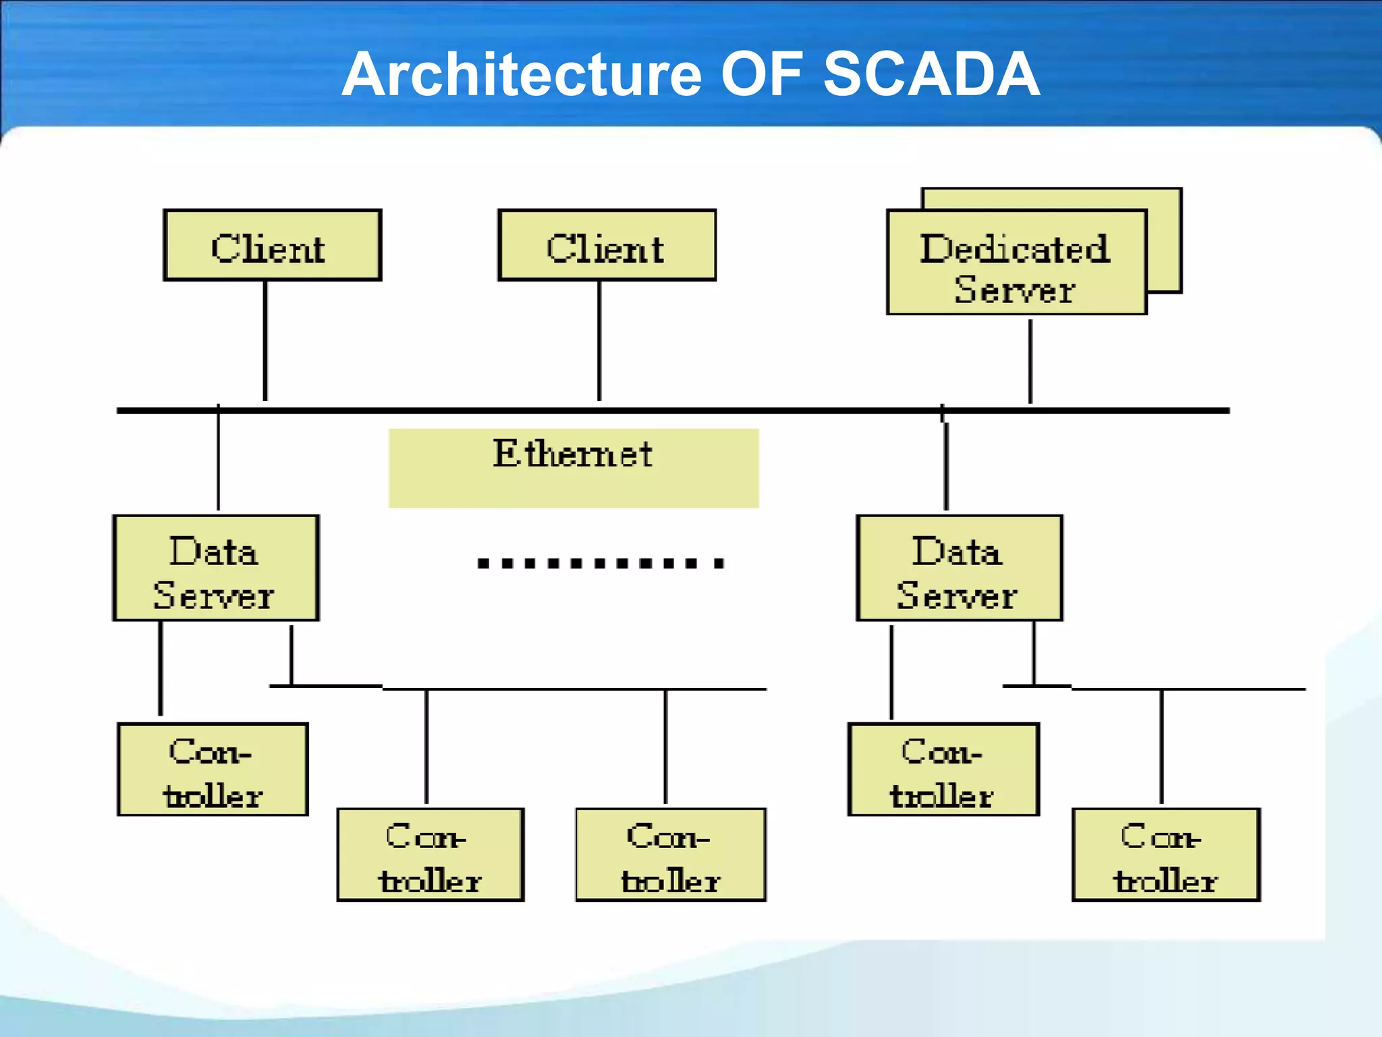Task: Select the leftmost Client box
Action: coord(272,245)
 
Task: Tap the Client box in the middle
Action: coord(607,245)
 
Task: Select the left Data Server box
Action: coord(215,568)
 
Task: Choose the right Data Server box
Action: coord(959,568)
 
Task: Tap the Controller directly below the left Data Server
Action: coord(213,770)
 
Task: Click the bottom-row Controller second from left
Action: coord(431,855)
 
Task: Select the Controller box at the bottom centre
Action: coord(670,855)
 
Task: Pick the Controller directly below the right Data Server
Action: coord(943,770)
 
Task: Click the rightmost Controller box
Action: coord(1165,855)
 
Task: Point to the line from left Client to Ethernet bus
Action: coord(265,341)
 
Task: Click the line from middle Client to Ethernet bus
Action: coord(599,341)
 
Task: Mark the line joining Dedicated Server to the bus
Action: coord(1030,361)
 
